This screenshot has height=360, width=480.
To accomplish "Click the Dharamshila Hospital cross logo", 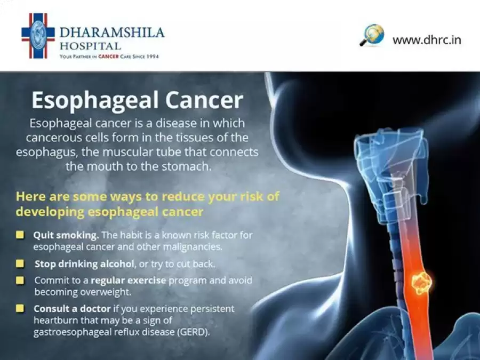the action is click(38, 36).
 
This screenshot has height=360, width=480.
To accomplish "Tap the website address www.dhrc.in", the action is click(427, 40).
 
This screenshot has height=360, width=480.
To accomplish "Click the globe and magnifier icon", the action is click(372, 35).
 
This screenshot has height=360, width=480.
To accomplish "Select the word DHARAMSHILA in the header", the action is click(112, 33).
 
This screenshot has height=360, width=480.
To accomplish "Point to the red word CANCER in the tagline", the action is click(108, 57).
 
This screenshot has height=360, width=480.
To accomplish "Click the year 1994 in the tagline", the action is click(153, 57).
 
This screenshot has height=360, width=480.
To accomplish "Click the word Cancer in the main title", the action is click(204, 100).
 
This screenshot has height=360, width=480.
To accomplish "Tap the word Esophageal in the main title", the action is click(95, 101).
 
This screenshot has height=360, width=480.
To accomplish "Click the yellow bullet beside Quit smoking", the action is click(20, 235).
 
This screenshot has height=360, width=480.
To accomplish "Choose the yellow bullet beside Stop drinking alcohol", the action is click(20, 263).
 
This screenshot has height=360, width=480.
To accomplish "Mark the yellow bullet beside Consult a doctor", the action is click(20, 308).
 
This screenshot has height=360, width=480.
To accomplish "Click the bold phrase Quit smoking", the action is click(66, 235).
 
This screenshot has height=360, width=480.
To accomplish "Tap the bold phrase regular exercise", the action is click(129, 281).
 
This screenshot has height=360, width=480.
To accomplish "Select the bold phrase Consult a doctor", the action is click(72, 308).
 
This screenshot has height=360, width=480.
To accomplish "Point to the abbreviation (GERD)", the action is click(194, 332).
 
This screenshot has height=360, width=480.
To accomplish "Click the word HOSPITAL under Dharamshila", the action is click(90, 46).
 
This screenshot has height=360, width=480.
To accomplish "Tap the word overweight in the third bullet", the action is click(107, 292).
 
